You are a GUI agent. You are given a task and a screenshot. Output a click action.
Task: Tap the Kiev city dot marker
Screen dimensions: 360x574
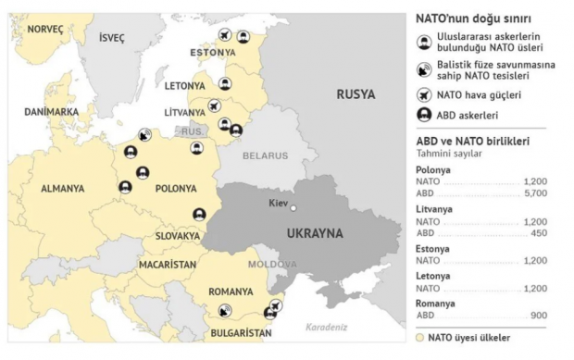pos(293,208)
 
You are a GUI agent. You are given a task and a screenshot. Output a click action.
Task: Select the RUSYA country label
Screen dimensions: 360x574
pos(356,94)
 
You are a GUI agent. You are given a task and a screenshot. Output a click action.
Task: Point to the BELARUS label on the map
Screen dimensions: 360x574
pos(266,155)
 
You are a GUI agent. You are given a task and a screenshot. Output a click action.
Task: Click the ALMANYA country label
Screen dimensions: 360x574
pos(62,188)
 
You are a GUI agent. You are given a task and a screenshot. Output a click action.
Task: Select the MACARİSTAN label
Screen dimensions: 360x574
pos(168,264)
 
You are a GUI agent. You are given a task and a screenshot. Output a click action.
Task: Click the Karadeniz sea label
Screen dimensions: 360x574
pos(326,327)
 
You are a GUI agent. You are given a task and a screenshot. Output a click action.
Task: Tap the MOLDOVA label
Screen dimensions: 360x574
pos(271,264)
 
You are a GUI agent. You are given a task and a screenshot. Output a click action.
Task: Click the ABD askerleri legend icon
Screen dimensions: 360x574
pos(422,116)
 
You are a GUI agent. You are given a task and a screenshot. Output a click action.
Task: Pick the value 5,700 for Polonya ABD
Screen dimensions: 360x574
pos(534,193)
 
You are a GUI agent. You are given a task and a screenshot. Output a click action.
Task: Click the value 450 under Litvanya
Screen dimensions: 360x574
pos(538,233)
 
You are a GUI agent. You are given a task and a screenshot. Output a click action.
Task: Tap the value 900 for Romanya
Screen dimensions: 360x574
pos(538,315)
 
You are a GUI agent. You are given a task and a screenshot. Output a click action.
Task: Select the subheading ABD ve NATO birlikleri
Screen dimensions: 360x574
pos(473,141)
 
